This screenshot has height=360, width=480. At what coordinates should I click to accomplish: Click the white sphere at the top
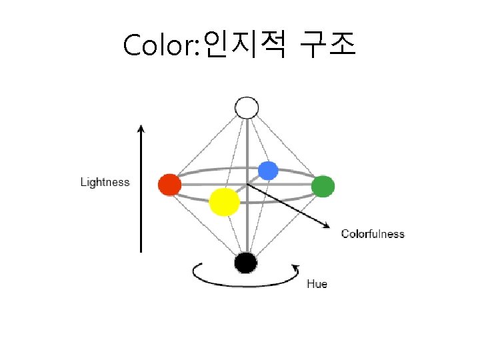pos(247,107)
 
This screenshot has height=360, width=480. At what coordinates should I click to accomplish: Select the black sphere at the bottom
pos(246,263)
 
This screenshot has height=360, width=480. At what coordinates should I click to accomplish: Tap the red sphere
pos(169,185)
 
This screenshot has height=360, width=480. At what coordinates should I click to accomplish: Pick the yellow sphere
pos(224,201)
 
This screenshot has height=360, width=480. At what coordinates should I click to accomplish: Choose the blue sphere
pos(267,171)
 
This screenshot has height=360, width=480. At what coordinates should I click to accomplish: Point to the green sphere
pos(323,186)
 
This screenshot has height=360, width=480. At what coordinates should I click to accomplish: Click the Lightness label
pos(105,182)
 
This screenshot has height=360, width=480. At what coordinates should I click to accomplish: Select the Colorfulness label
pos(373,233)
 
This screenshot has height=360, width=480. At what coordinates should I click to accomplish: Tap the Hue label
pos(317,284)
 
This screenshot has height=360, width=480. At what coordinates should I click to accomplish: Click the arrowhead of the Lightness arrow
pos(141,127)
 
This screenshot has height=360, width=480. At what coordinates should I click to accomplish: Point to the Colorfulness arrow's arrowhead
pos(327,227)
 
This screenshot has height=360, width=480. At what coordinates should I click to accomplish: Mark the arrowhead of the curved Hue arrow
pos(294,267)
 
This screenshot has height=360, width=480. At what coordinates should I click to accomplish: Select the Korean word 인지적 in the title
pos(245,44)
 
